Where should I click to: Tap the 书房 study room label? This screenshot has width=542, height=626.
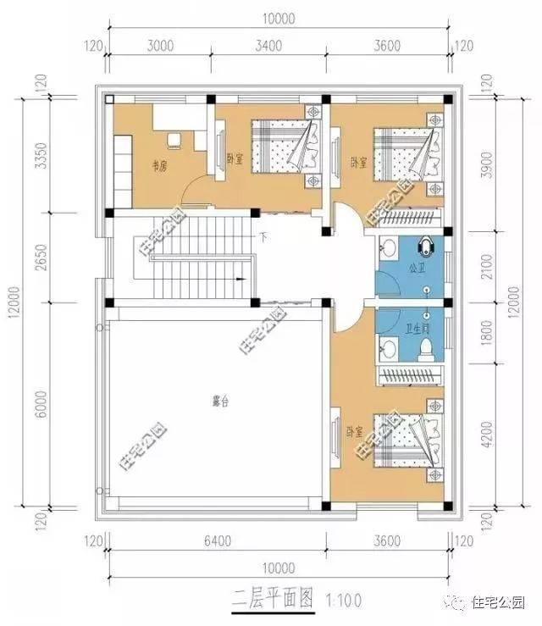point(160,167)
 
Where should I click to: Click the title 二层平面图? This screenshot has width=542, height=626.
point(269,601)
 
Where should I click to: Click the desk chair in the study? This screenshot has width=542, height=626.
point(176,139)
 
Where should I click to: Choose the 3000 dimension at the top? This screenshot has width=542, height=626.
point(158,46)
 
